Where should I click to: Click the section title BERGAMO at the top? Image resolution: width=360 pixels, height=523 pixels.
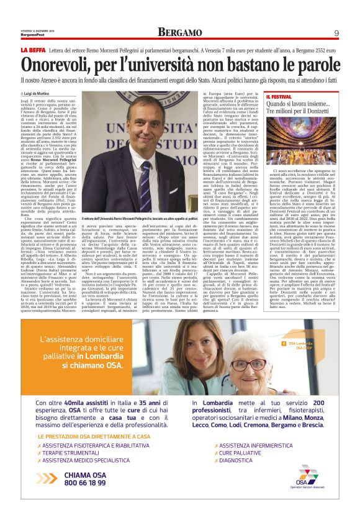point(180,32)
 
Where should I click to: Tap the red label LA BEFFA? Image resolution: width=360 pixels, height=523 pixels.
point(32,49)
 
